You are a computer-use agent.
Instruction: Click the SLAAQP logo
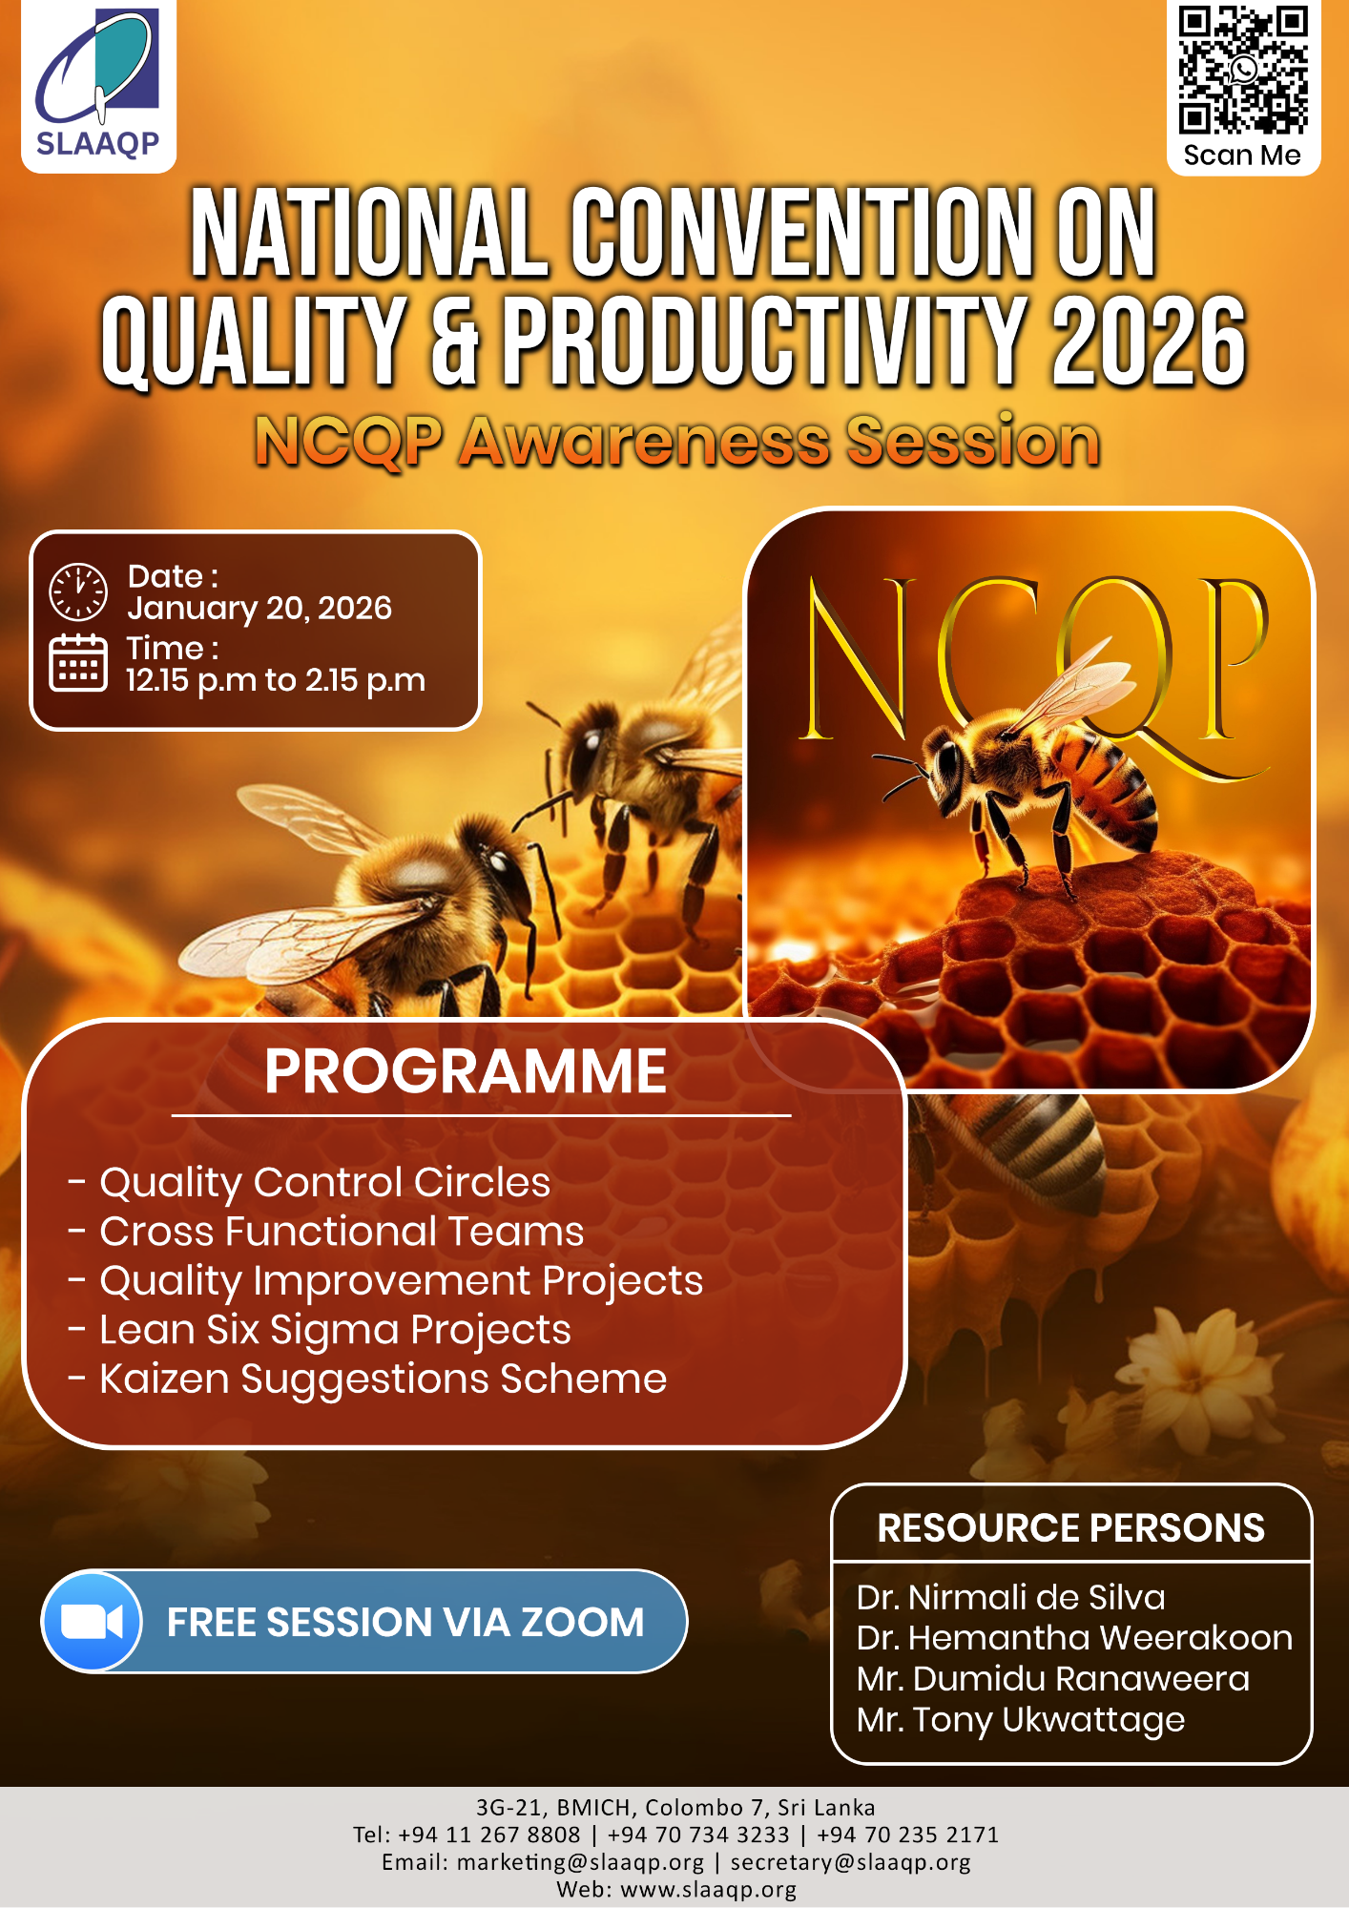click(98, 86)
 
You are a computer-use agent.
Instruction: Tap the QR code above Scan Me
click(1242, 71)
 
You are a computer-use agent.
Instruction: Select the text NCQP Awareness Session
click(676, 442)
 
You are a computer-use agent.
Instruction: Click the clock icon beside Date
click(78, 591)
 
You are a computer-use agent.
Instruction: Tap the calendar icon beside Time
click(78, 662)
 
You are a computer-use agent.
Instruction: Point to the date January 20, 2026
click(259, 608)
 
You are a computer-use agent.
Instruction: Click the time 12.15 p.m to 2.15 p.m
click(276, 680)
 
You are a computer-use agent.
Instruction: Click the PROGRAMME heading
click(466, 1071)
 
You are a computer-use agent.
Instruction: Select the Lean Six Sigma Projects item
click(335, 1330)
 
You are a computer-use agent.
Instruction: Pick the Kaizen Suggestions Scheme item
click(383, 1379)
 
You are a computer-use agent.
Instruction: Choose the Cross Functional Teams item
click(342, 1232)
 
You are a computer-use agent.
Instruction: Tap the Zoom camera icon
click(93, 1622)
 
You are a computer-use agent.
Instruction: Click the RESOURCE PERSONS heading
click(1070, 1528)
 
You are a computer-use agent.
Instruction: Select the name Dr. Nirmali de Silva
click(1010, 1597)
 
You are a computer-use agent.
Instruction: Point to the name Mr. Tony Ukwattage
click(1020, 1720)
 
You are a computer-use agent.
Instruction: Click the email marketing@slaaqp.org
click(580, 1862)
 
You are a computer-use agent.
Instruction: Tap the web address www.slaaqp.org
click(708, 1889)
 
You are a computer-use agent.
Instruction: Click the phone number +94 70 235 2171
click(907, 1835)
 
